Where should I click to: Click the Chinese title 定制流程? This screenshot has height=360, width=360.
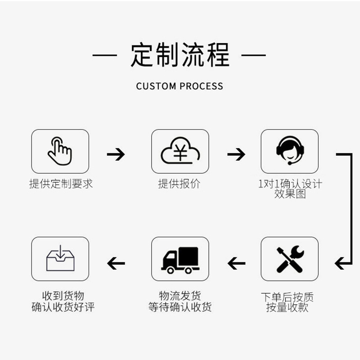180,55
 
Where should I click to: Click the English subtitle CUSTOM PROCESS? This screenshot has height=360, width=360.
180,86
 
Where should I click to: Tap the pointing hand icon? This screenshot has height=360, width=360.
60,151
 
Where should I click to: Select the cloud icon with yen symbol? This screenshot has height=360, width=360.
180,151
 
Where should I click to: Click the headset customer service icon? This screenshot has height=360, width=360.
289,151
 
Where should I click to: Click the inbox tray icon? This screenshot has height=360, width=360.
60,259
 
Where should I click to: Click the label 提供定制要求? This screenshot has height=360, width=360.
61,184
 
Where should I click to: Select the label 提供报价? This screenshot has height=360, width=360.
180,184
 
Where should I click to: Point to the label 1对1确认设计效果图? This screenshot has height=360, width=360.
290,189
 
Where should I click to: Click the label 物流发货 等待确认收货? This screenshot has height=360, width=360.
180,301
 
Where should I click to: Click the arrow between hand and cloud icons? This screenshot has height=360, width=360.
116,155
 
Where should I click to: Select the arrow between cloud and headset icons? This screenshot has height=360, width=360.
236,155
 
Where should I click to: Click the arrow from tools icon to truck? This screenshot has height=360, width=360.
236,262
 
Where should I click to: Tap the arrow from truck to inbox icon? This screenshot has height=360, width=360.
116,262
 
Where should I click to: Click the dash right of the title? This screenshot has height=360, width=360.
254,56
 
